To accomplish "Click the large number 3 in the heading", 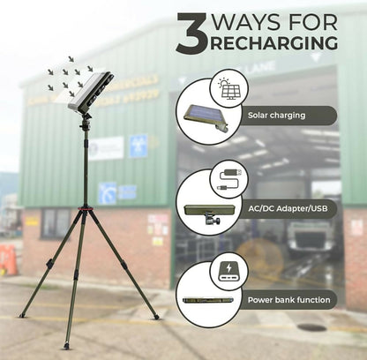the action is tap(192, 33).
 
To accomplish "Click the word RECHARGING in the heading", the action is tap(274, 43).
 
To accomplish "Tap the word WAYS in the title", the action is tap(246, 21).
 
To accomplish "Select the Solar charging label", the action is tap(276, 116).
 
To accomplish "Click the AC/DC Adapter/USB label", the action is tap(288, 209).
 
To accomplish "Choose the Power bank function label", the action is tap(288, 300).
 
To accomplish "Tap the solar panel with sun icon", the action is tap(229, 88).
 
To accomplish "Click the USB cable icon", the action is tap(230, 180).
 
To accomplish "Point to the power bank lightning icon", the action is tap(229, 271).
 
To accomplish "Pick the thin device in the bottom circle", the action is tap(208, 301).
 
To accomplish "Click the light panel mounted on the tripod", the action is tap(91, 91).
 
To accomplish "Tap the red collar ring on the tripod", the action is tap(86, 208).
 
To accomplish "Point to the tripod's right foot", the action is tap(156, 317).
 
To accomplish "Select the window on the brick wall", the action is tap(56, 223).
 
